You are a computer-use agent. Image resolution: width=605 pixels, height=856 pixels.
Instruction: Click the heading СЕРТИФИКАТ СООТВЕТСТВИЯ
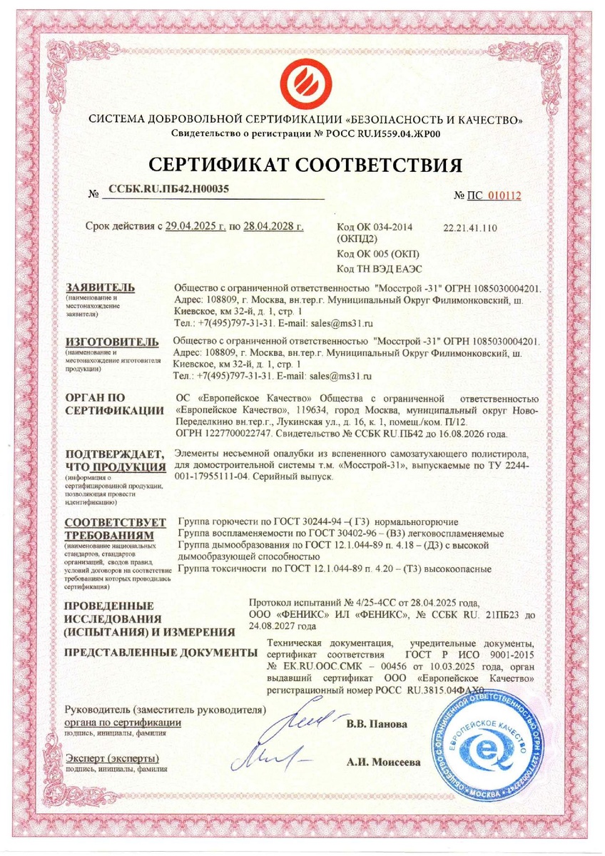[x=305, y=165]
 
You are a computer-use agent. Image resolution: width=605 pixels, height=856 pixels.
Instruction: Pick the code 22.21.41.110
[x=470, y=228]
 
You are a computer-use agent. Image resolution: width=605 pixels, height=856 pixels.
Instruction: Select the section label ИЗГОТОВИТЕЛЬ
[x=107, y=342]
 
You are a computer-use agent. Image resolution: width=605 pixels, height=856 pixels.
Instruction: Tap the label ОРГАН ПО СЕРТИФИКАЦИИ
[x=105, y=403]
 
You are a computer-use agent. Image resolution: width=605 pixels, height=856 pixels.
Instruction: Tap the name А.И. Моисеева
[x=383, y=762]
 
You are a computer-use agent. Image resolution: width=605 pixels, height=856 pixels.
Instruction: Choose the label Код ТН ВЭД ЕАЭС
[x=375, y=267]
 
